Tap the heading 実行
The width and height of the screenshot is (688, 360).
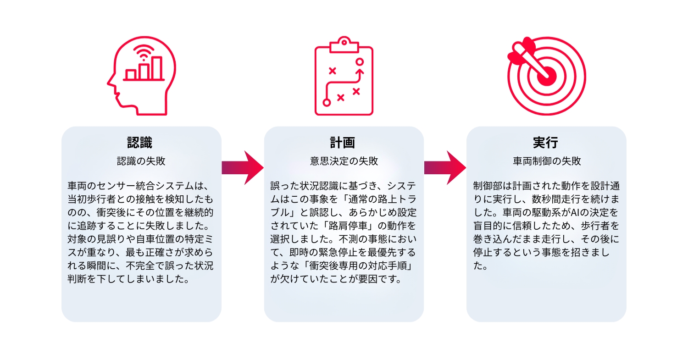(545, 143)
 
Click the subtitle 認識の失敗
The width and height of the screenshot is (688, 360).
(141, 161)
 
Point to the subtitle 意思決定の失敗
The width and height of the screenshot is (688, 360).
(344, 161)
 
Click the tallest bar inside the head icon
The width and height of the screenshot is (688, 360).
(157, 68)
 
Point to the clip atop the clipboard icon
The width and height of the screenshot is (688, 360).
(344, 44)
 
